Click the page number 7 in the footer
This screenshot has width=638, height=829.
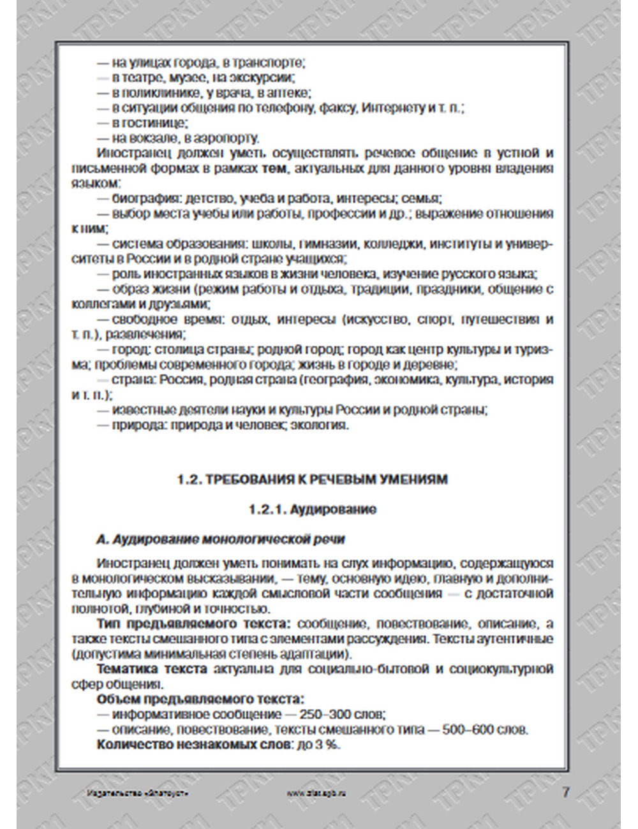coord(565,792)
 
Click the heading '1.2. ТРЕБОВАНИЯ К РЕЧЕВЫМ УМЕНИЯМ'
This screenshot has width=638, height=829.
coord(312,480)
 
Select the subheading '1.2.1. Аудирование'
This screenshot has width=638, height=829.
coord(312,510)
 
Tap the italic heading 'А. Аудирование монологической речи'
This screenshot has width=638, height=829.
coord(220,539)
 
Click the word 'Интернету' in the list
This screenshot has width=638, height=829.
coord(393,108)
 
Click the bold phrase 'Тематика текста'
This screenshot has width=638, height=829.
coord(152,669)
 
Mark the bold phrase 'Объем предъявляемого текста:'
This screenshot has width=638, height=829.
coord(200,700)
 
